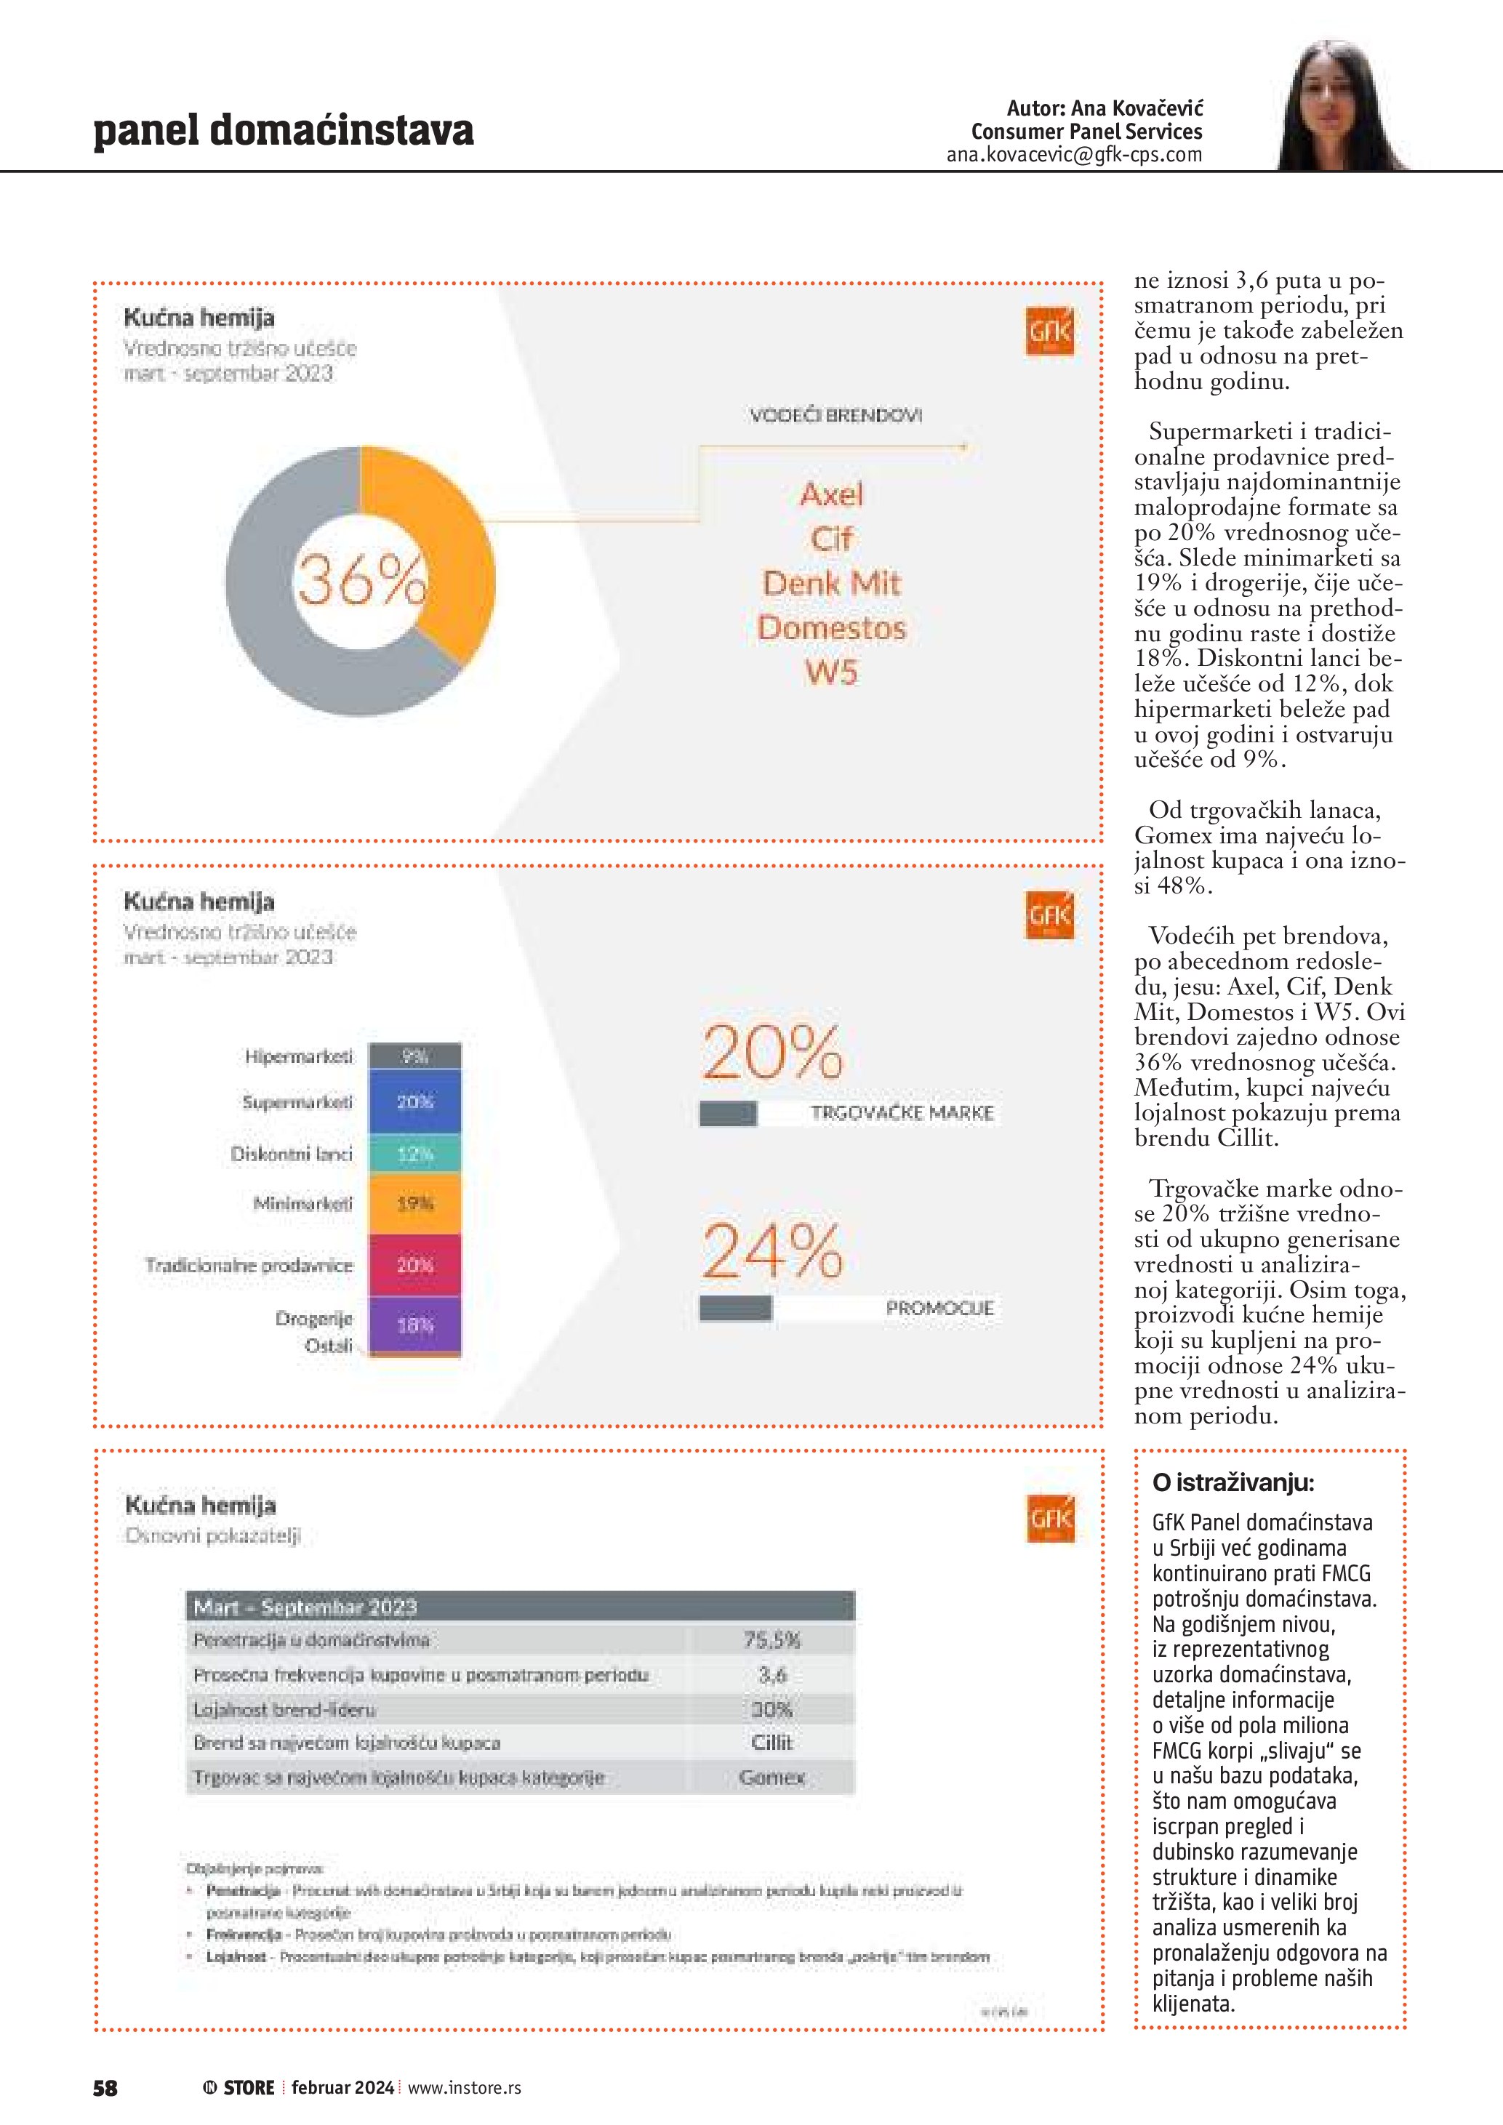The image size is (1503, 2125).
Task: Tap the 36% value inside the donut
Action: pyautogui.click(x=361, y=581)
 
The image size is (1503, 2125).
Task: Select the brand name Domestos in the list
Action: pyautogui.click(x=831, y=627)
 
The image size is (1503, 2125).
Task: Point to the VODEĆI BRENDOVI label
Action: pyautogui.click(x=835, y=416)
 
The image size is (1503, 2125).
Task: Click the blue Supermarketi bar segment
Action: pyautogui.click(x=414, y=1101)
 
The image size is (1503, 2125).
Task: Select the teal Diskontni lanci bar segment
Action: pyautogui.click(x=414, y=1153)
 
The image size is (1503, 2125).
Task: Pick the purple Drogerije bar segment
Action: pyautogui.click(x=414, y=1325)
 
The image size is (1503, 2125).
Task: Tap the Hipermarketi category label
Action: pyautogui.click(x=299, y=1056)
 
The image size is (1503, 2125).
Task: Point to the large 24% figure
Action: pyautogui.click(x=772, y=1250)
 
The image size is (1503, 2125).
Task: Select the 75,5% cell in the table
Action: pyautogui.click(x=772, y=1640)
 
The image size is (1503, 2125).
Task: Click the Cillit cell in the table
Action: pyautogui.click(x=772, y=1743)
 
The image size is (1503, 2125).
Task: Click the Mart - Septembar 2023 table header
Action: pyautogui.click(x=305, y=1607)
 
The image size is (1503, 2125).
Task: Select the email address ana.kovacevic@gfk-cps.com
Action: pyautogui.click(x=1073, y=155)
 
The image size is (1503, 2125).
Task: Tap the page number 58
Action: pyautogui.click(x=105, y=2087)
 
